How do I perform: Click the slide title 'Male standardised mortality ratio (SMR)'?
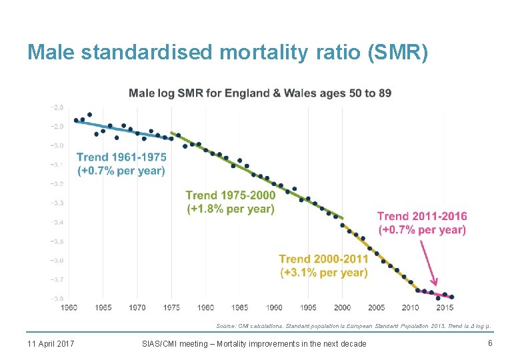click(227, 51)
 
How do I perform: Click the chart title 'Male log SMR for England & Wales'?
click(260, 93)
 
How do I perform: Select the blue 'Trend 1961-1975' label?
click(121, 157)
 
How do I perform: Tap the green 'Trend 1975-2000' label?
click(230, 195)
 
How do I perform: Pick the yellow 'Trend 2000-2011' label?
click(323, 259)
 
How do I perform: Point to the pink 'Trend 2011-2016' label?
click(422, 216)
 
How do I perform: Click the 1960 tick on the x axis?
click(69, 307)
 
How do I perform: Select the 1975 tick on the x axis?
click(171, 307)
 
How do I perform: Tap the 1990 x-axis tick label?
click(274, 307)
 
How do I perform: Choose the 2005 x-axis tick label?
click(377, 307)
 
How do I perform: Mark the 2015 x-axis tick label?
click(445, 307)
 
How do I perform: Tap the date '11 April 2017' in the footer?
click(51, 343)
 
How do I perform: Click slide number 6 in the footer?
click(490, 343)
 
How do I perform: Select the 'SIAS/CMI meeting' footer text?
click(254, 343)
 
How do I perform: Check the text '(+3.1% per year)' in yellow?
click(323, 272)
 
